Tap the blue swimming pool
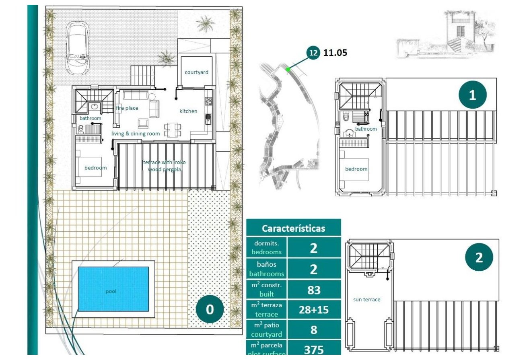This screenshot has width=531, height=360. tap(113, 289)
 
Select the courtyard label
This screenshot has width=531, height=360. tap(196, 72)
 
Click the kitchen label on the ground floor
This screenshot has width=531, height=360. tap(188, 111)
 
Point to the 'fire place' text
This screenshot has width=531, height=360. tap(127, 108)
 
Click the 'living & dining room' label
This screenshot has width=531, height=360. tap(136, 134)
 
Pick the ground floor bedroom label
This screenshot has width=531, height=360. tap(96, 168)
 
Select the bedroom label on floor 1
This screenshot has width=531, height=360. tap(356, 169)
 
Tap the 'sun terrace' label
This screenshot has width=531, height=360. tap(366, 299)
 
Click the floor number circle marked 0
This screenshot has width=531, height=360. tap(210, 309)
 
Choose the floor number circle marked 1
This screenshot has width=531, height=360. tap(472, 95)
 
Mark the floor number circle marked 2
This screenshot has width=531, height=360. tap(479, 257)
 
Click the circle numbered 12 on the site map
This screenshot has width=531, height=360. tap(313, 52)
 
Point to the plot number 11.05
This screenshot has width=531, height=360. tap(335, 52)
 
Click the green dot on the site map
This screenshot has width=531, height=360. tap(288, 69)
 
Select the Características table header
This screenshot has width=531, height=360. tap(293, 228)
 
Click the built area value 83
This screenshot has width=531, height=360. tap(314, 290)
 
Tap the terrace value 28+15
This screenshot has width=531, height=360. tap(314, 310)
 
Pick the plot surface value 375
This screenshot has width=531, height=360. tap(314, 350)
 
